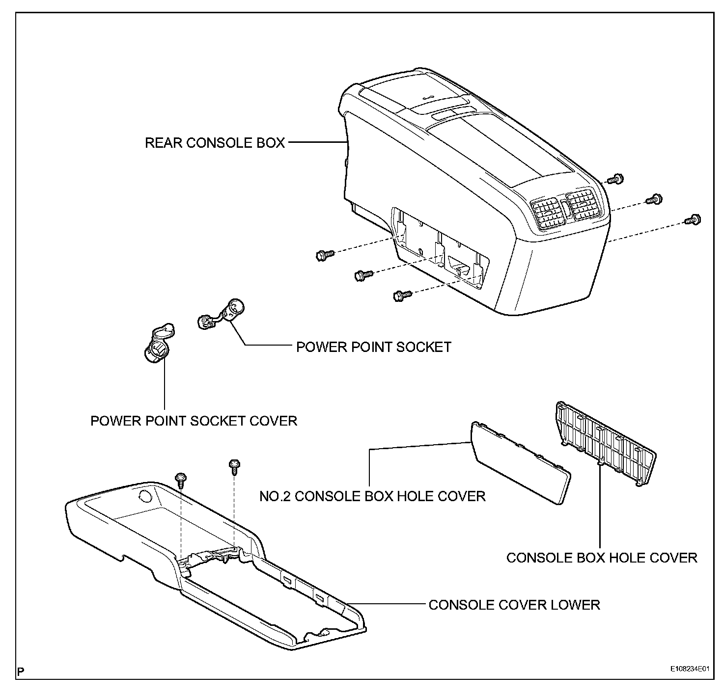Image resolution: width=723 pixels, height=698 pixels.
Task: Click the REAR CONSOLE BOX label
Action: [x=215, y=143]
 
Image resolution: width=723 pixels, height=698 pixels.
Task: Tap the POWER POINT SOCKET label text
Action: [x=373, y=347]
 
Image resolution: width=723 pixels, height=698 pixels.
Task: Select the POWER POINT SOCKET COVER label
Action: [x=194, y=421]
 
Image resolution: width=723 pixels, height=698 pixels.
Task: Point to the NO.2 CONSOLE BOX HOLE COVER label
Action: [x=372, y=496]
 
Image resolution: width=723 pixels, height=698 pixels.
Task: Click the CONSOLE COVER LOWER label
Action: [x=514, y=604]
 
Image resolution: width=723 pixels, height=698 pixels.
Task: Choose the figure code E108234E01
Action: [x=691, y=669]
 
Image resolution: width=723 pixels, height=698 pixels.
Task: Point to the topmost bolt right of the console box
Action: [x=614, y=180]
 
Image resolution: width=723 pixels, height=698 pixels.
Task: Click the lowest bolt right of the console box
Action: [x=693, y=220]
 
